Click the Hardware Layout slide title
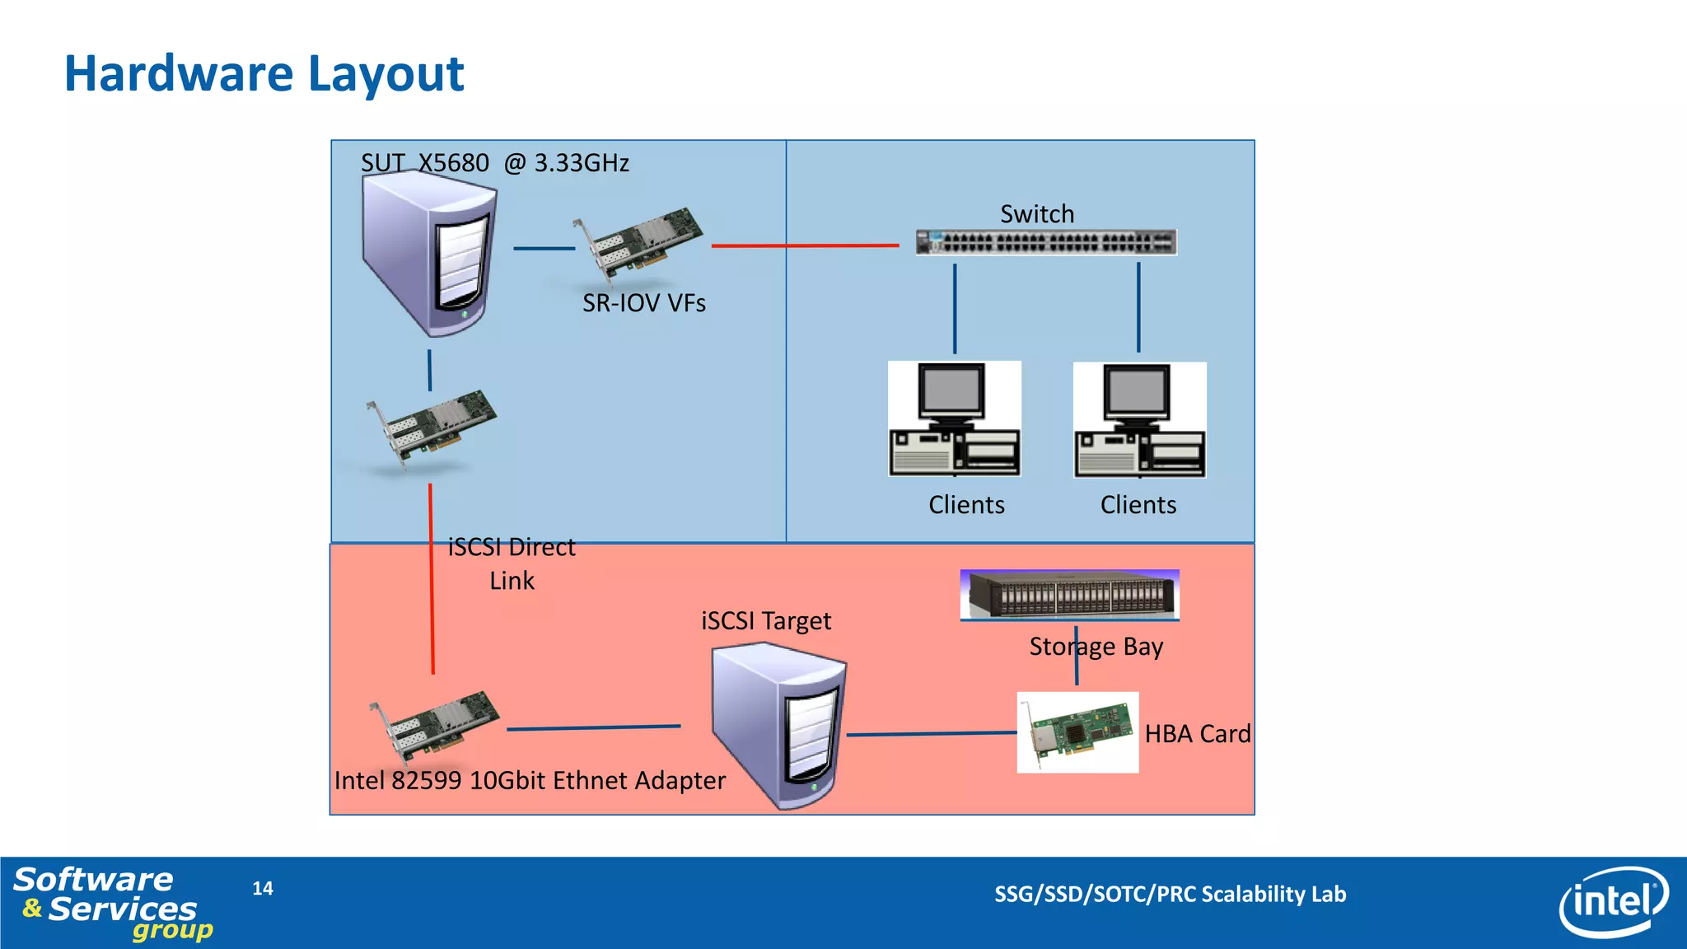click(x=264, y=73)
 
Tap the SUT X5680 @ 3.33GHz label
click(x=494, y=163)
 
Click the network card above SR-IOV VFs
click(x=638, y=243)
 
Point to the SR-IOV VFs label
click(x=643, y=303)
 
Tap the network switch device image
click(x=1046, y=242)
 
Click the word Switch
click(x=1037, y=214)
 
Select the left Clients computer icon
click(x=955, y=419)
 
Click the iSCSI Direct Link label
click(x=512, y=563)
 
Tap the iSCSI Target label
click(x=765, y=620)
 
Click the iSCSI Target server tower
click(x=778, y=725)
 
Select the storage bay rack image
click(x=1069, y=594)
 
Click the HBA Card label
click(x=1197, y=733)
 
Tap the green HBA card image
click(x=1077, y=732)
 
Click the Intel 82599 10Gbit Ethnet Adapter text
click(x=530, y=780)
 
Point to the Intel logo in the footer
click(x=1613, y=902)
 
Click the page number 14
click(x=263, y=888)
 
